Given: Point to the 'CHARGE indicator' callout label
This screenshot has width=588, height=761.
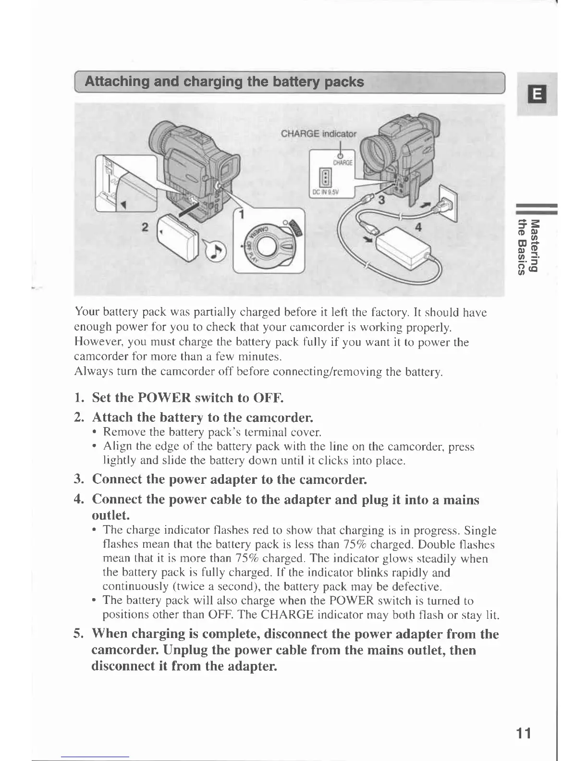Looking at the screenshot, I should [318, 134].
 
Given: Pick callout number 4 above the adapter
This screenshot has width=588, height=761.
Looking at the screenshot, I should [418, 228].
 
